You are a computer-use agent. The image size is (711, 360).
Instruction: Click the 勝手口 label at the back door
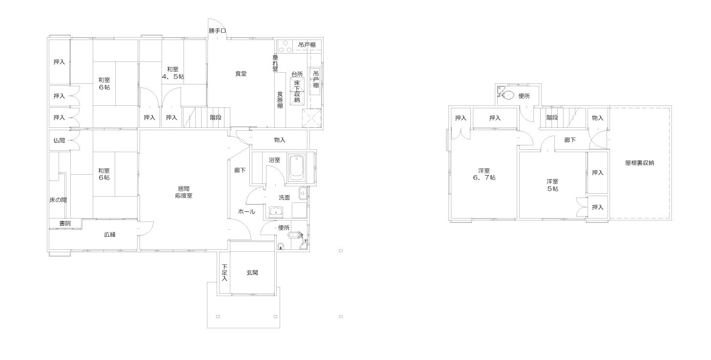217,31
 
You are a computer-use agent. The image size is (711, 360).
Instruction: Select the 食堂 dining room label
241,74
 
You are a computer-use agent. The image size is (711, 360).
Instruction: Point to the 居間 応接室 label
184,192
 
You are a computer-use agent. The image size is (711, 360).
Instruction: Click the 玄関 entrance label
252,273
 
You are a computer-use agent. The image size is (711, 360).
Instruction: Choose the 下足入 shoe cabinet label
224,273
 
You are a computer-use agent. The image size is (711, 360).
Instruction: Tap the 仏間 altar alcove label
59,140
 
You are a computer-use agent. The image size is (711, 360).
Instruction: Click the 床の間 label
58,200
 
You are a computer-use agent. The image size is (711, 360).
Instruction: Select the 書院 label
65,223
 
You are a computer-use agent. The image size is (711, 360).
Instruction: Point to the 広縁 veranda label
110,235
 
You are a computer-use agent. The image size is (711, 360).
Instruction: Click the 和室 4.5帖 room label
173,73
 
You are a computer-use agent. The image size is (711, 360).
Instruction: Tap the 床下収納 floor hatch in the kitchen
297,91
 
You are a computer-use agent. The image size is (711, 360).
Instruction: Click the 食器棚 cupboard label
280,100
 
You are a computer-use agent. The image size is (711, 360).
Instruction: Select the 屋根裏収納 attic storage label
640,163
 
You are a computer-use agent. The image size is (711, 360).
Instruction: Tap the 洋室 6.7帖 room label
484,174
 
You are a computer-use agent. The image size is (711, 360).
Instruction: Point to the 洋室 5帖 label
552,185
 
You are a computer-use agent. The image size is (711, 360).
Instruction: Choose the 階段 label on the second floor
552,118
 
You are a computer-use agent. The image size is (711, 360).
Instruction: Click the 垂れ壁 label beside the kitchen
276,63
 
